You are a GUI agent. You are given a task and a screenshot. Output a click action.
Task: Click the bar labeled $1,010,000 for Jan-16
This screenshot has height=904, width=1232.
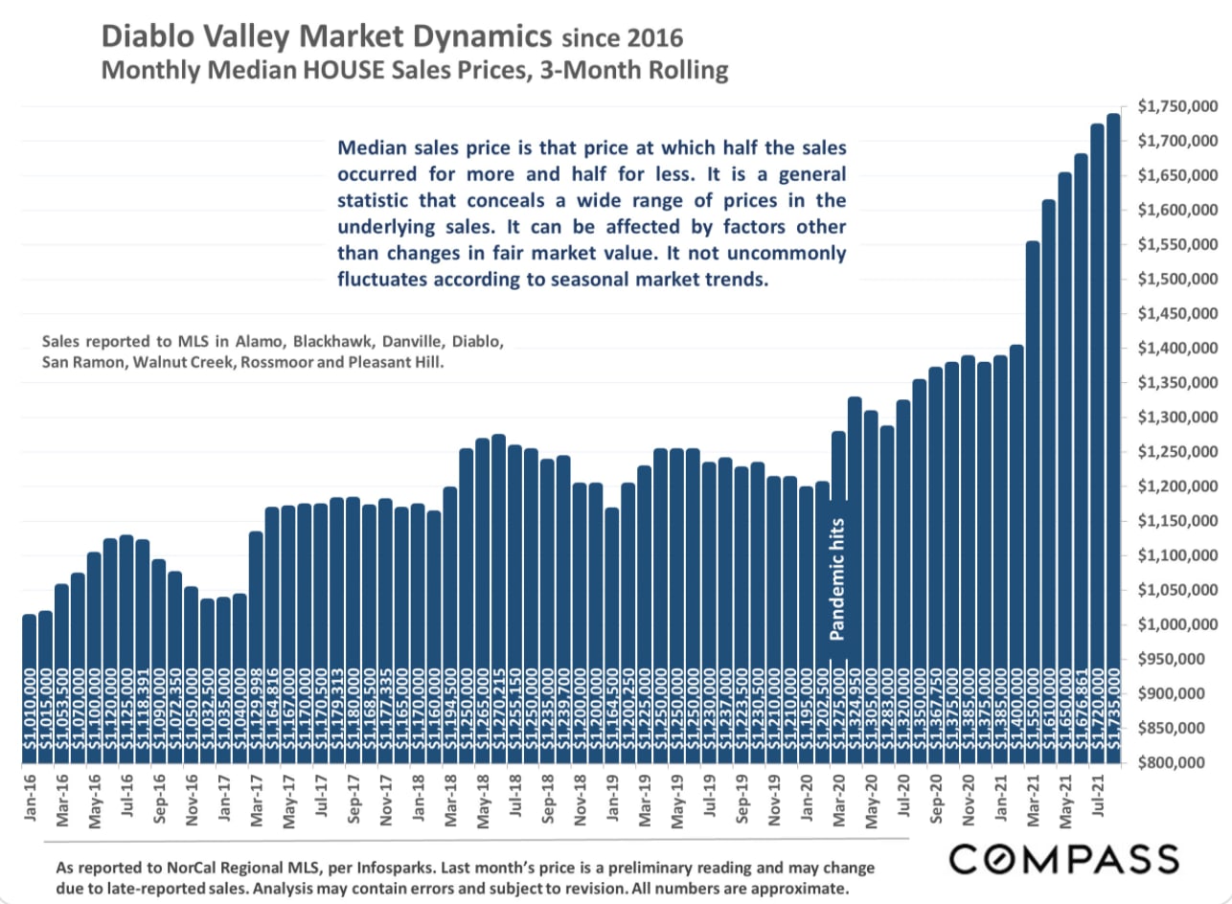(29, 689)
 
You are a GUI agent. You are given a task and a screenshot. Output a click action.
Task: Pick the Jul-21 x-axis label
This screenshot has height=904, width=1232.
(1098, 800)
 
